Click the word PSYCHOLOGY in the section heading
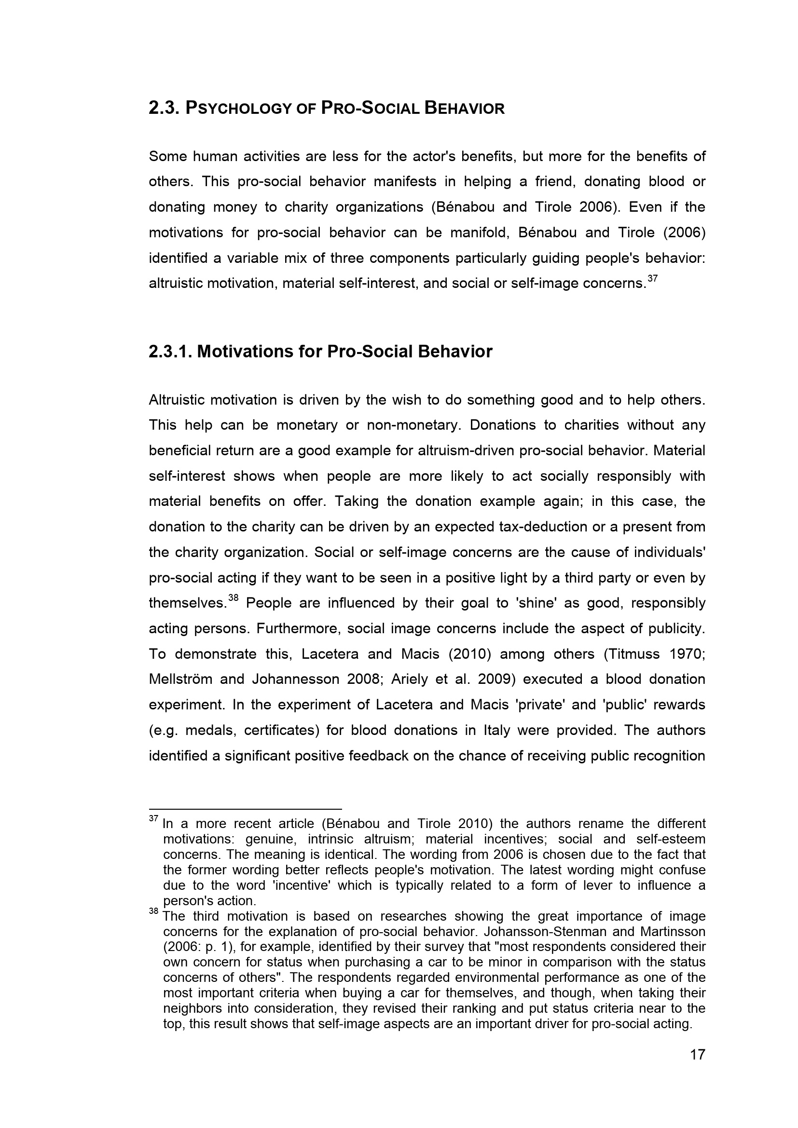pos(239,109)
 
